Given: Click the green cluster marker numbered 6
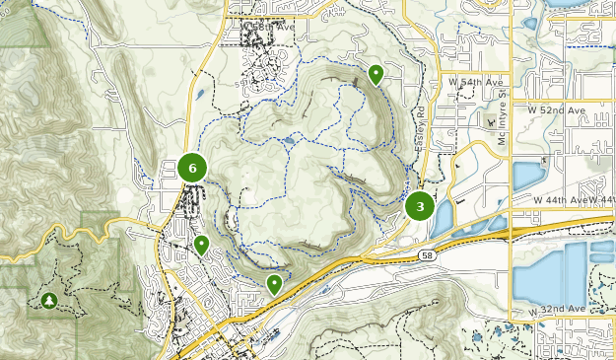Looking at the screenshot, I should [x=192, y=168].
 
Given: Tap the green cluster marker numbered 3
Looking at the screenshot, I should [x=420, y=206].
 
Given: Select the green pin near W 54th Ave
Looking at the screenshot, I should [x=376, y=74].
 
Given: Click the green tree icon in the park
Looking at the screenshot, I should [x=49, y=300].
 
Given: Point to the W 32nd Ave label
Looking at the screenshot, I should [x=558, y=310].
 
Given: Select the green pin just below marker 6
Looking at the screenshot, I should [x=201, y=245].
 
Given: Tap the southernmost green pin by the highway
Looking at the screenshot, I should [x=274, y=284].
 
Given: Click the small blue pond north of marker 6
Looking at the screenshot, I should [x=200, y=96].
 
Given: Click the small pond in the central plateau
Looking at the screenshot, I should [x=287, y=141].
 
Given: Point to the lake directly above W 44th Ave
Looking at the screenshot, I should [x=527, y=176].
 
